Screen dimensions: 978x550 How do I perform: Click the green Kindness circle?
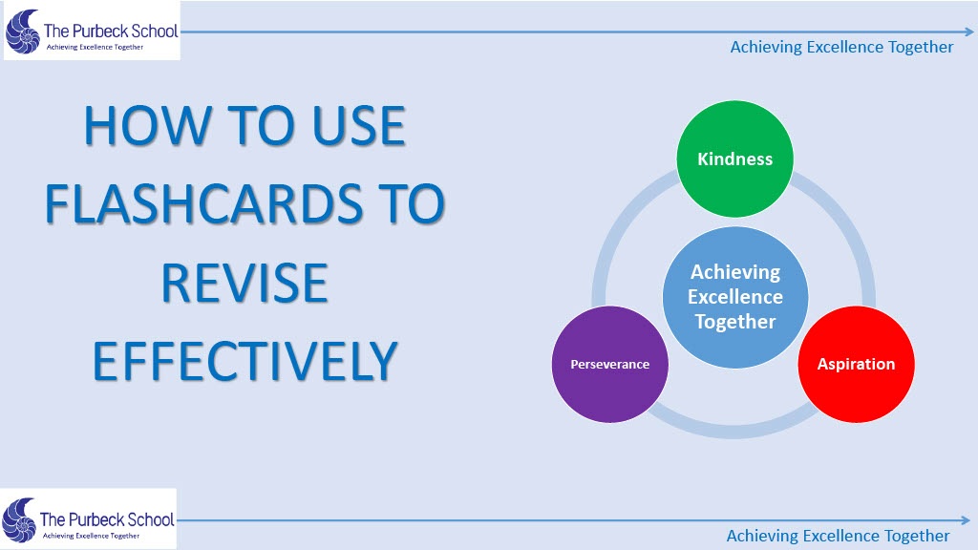click(734, 159)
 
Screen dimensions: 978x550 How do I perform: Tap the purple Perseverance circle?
click(610, 364)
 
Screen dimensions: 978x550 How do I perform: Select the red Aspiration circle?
click(857, 364)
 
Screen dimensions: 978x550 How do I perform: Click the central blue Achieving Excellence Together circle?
click(735, 297)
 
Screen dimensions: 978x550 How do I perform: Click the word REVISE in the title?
click(244, 283)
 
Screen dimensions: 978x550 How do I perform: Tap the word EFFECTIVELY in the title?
click(245, 361)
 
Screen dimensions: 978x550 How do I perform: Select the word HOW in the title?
click(148, 125)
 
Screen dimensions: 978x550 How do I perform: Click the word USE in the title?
click(359, 125)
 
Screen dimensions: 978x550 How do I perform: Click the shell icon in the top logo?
click(23, 32)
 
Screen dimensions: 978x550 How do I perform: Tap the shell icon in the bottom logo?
click(19, 520)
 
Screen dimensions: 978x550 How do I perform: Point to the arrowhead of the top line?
click(968, 32)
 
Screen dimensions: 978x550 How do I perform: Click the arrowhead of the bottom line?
click(966, 520)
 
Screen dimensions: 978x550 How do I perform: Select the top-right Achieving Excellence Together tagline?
click(841, 47)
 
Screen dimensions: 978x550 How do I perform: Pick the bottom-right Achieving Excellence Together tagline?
click(838, 536)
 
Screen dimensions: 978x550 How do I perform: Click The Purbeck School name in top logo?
click(111, 31)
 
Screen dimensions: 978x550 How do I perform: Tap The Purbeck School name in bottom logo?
click(107, 518)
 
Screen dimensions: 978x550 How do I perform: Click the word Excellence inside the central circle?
click(735, 297)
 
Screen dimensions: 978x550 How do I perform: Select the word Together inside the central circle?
click(735, 322)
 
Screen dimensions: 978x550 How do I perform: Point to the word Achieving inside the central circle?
click(735, 272)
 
